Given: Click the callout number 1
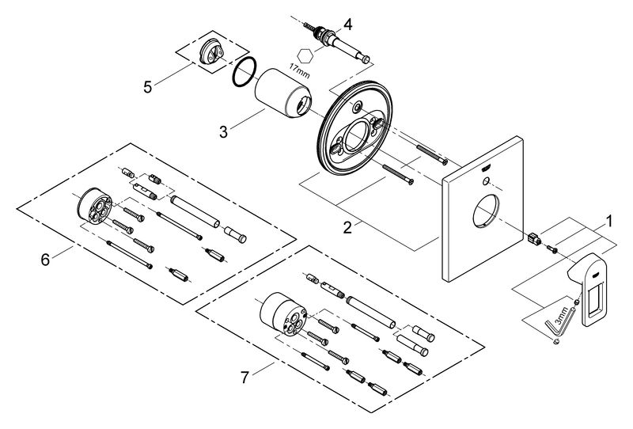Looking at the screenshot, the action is tap(608, 221).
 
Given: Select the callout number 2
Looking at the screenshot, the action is tap(347, 227).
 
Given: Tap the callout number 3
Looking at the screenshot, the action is tap(223, 131).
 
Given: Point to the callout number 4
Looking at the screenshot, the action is tap(347, 25).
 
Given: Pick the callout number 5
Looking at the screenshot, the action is tap(148, 87).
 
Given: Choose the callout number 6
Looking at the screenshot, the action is tap(45, 260).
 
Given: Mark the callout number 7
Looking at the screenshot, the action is tap(244, 378).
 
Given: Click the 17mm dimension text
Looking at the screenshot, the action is tap(299, 70).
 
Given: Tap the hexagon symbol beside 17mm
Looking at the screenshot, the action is tap(305, 55).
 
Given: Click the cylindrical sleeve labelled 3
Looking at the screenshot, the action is tap(283, 93).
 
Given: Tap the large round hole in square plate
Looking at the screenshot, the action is tap(486, 211).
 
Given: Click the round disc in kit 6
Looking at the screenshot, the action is tap(93, 205).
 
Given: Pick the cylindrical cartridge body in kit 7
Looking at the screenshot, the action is tap(283, 313).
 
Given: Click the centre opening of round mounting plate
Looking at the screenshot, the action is tap(357, 135).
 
